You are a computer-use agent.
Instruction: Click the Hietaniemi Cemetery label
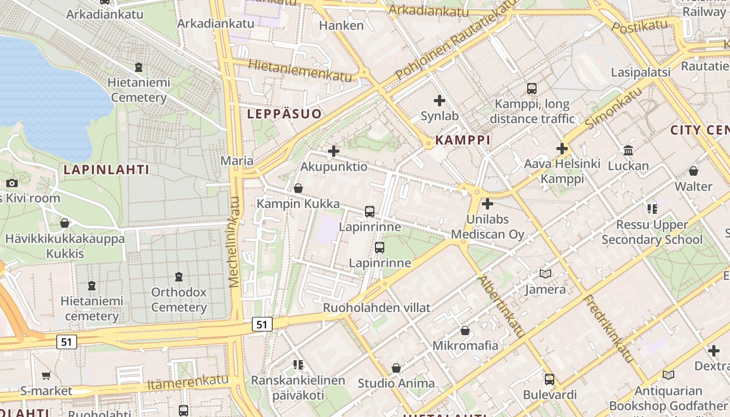[139, 90]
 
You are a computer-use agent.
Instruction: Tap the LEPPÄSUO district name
[284, 114]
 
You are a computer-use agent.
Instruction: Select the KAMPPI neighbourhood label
[463, 140]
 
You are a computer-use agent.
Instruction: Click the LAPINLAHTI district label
[106, 169]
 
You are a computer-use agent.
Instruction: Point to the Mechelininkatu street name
[236, 242]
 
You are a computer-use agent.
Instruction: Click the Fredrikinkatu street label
[607, 328]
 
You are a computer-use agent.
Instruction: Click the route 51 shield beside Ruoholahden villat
[262, 324]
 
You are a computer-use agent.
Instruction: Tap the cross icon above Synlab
[440, 100]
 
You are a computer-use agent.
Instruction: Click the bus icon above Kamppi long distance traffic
[532, 89]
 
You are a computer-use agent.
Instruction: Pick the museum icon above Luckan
[628, 151]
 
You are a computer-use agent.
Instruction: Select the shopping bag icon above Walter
[693, 170]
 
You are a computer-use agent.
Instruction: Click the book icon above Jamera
[545, 274]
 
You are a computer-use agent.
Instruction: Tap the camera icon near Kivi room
[12, 183]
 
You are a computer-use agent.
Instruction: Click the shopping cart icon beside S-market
[46, 375]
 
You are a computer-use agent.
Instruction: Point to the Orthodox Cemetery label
[179, 300]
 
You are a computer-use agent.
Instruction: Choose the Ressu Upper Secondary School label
[652, 232]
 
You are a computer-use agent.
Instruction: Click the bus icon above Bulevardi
[550, 379]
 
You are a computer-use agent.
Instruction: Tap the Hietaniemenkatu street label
[300, 70]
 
